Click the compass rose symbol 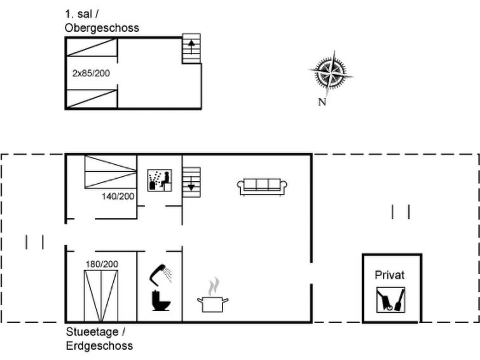331,73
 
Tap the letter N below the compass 322,102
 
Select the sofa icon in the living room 262,186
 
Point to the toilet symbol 161,301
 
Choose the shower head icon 160,273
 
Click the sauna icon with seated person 160,180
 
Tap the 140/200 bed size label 118,197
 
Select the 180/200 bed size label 102,264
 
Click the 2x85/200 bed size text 91,73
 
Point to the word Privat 389,275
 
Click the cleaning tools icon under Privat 390,300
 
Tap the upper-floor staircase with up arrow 191,48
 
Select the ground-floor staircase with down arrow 191,182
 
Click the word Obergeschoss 102,28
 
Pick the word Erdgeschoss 99,346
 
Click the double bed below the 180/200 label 101,296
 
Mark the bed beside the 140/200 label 111,172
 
